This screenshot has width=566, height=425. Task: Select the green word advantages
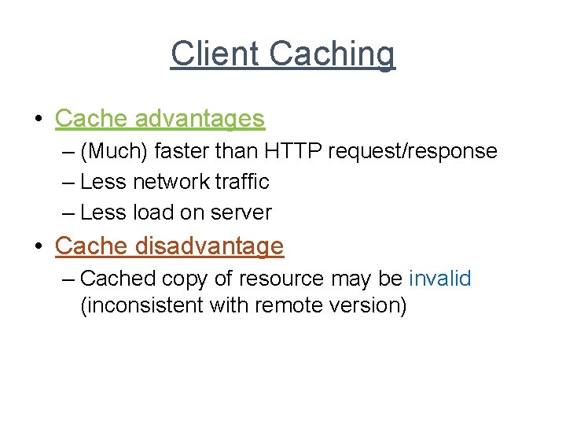pos(200,119)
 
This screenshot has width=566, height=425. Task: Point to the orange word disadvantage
pos(208,246)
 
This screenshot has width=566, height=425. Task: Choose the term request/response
pos(413,150)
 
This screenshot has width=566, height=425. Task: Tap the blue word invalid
pos(439,279)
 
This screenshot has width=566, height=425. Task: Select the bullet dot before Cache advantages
pos(38,120)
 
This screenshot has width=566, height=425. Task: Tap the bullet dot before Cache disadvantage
pos(38,247)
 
